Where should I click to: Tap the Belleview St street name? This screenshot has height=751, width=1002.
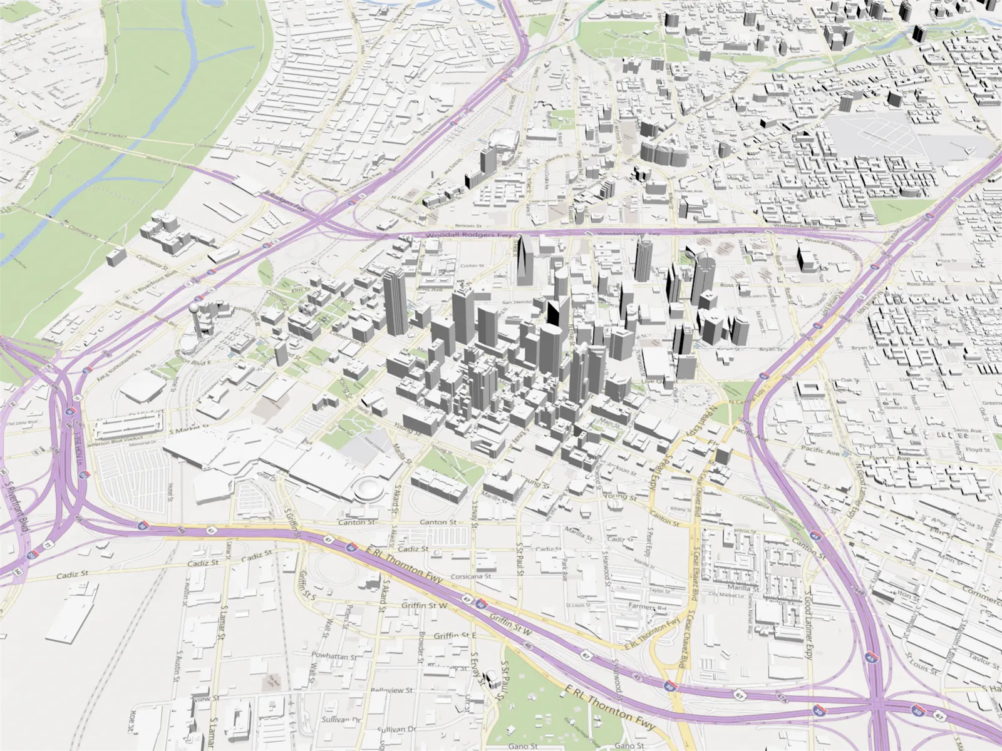click(x=391, y=690)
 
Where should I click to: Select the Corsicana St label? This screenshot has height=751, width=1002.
click(x=470, y=576)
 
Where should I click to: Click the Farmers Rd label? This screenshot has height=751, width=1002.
click(x=648, y=607)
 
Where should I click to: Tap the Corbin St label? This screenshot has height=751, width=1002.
click(x=472, y=266)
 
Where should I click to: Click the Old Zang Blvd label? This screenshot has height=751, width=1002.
click(x=19, y=424)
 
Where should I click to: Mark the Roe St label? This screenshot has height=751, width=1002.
click(x=133, y=722)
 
